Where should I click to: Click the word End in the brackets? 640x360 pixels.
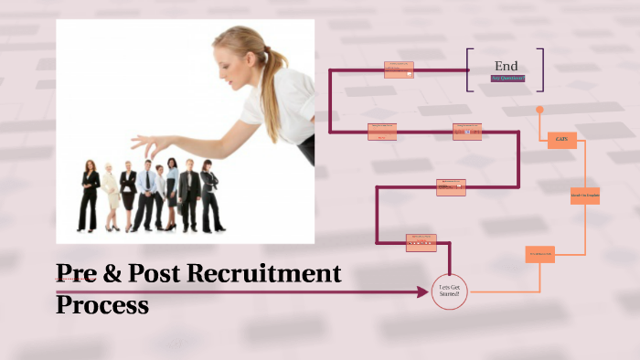tap(506, 66)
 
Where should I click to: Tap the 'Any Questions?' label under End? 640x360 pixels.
tap(507, 79)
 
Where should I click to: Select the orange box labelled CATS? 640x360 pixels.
tap(560, 140)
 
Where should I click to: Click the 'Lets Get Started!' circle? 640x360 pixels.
tap(449, 291)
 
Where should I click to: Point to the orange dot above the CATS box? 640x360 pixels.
tap(539, 110)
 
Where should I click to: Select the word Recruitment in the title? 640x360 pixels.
tap(264, 272)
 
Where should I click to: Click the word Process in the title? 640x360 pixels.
tap(102, 304)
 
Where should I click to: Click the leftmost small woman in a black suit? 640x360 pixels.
tap(90, 196)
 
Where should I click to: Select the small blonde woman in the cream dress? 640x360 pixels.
tap(111, 197)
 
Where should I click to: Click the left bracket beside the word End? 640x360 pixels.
tap(469, 69)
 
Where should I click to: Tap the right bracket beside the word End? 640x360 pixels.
tap(541, 69)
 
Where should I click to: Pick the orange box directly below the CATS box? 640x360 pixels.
tap(585, 196)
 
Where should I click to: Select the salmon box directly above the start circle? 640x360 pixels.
tap(421, 243)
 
